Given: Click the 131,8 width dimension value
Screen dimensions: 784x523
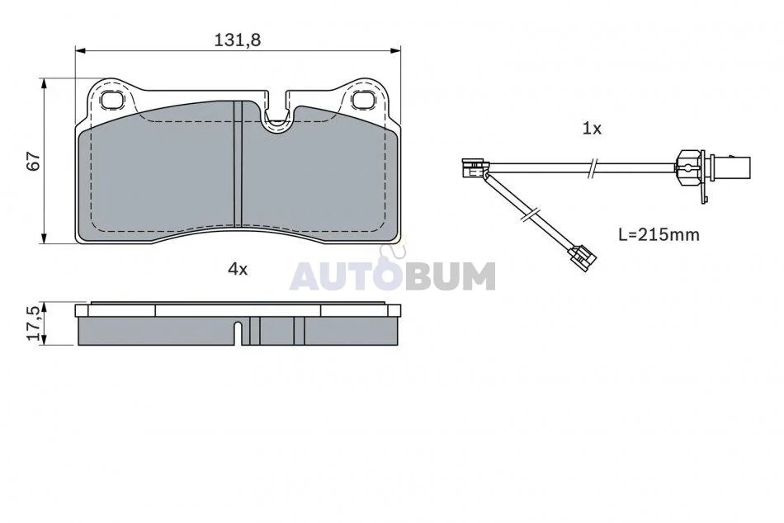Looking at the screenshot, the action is [x=238, y=40].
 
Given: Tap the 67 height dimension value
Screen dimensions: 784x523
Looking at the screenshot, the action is [x=34, y=161].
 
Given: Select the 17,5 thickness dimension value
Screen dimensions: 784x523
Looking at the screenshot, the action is [x=34, y=324].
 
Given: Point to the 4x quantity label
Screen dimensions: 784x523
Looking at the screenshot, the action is [x=238, y=270].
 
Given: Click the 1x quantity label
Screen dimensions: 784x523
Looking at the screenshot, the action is [x=592, y=129].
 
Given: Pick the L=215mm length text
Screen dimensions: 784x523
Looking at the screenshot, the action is [x=659, y=234].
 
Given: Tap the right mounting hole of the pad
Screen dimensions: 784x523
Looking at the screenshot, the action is [x=362, y=100].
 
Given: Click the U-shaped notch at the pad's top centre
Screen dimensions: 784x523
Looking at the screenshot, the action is [x=276, y=112].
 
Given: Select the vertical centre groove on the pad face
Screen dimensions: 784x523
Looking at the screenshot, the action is [x=238, y=163].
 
